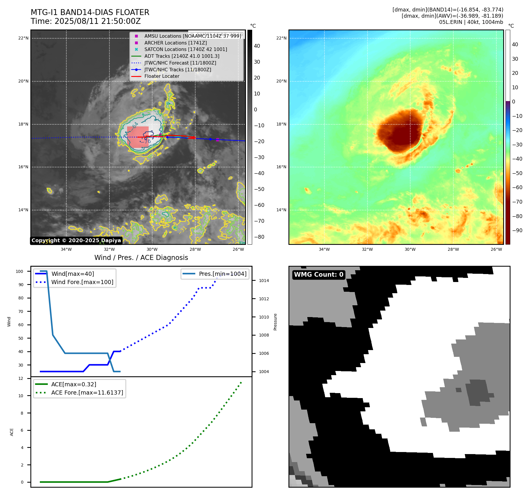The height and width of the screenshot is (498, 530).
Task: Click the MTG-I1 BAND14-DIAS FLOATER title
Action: tap(90, 12)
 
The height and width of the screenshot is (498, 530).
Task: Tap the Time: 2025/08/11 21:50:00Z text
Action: tap(86, 21)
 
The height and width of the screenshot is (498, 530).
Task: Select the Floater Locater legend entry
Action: tap(162, 76)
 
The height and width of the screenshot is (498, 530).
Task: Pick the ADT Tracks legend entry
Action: tap(182, 56)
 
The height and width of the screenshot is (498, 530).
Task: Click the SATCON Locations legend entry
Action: tap(186, 49)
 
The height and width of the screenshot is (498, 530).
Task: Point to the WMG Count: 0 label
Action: tap(319, 275)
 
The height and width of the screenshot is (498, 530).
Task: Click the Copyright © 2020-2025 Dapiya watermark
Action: tap(76, 240)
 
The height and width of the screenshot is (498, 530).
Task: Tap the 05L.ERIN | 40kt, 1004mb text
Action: tap(471, 22)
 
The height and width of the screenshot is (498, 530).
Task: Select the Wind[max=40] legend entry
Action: tap(73, 274)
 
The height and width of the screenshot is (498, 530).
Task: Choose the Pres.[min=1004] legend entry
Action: tap(222, 274)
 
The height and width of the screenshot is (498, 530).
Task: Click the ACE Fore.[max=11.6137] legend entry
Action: tap(87, 393)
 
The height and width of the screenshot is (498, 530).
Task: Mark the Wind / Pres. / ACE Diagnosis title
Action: tap(141, 258)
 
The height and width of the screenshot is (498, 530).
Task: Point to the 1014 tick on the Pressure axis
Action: tap(264, 281)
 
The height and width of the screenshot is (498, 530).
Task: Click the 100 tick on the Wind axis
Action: tap(19, 271)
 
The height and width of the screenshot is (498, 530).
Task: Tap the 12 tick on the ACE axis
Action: tap(21, 378)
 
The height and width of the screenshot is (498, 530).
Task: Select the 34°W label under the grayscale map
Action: tap(66, 249)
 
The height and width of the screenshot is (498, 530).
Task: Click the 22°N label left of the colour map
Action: tap(281, 38)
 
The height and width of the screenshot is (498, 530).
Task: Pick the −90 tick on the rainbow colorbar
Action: tap(517, 230)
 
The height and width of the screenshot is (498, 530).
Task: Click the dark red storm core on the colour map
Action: tap(401, 131)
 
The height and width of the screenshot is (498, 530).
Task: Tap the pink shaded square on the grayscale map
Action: tap(137, 137)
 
